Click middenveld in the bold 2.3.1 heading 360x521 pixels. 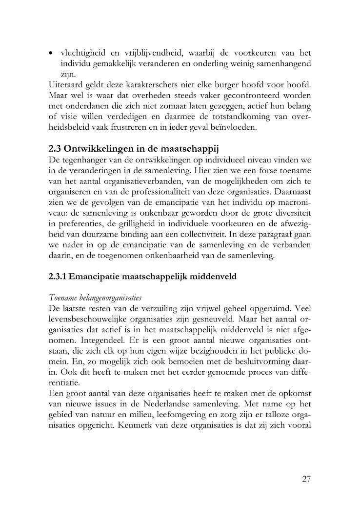coord(212,277)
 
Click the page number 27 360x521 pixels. coord(306,479)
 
